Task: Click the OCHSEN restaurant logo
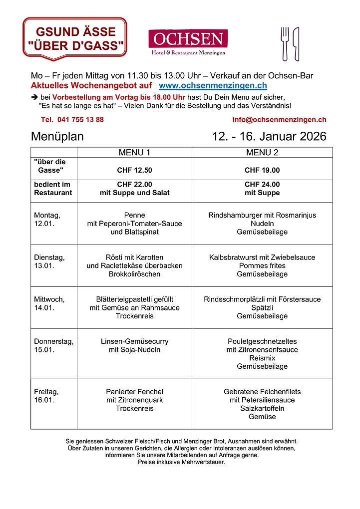pyautogui.click(x=188, y=42)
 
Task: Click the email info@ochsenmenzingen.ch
pyautogui.click(x=279, y=120)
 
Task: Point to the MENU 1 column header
pyautogui.click(x=134, y=152)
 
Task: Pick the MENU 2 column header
pyautogui.click(x=262, y=152)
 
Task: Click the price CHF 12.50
pyautogui.click(x=134, y=170)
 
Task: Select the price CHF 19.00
pyautogui.click(x=262, y=170)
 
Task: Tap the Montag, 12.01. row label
pyautogui.click(x=47, y=220)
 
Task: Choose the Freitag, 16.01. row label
pyautogui.click(x=46, y=396)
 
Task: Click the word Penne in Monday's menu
pyautogui.click(x=134, y=215)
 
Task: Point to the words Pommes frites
pyautogui.click(x=262, y=265)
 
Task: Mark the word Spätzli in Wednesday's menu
pyautogui.click(x=262, y=307)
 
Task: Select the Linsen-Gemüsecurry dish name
pyautogui.click(x=134, y=341)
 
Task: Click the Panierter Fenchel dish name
pyautogui.click(x=134, y=392)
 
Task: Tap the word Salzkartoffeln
pyautogui.click(x=262, y=408)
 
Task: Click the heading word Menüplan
pyautogui.click(x=57, y=137)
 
